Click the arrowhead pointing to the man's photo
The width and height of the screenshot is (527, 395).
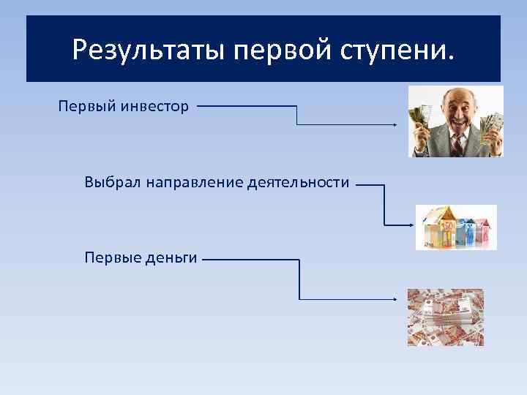(395, 125)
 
